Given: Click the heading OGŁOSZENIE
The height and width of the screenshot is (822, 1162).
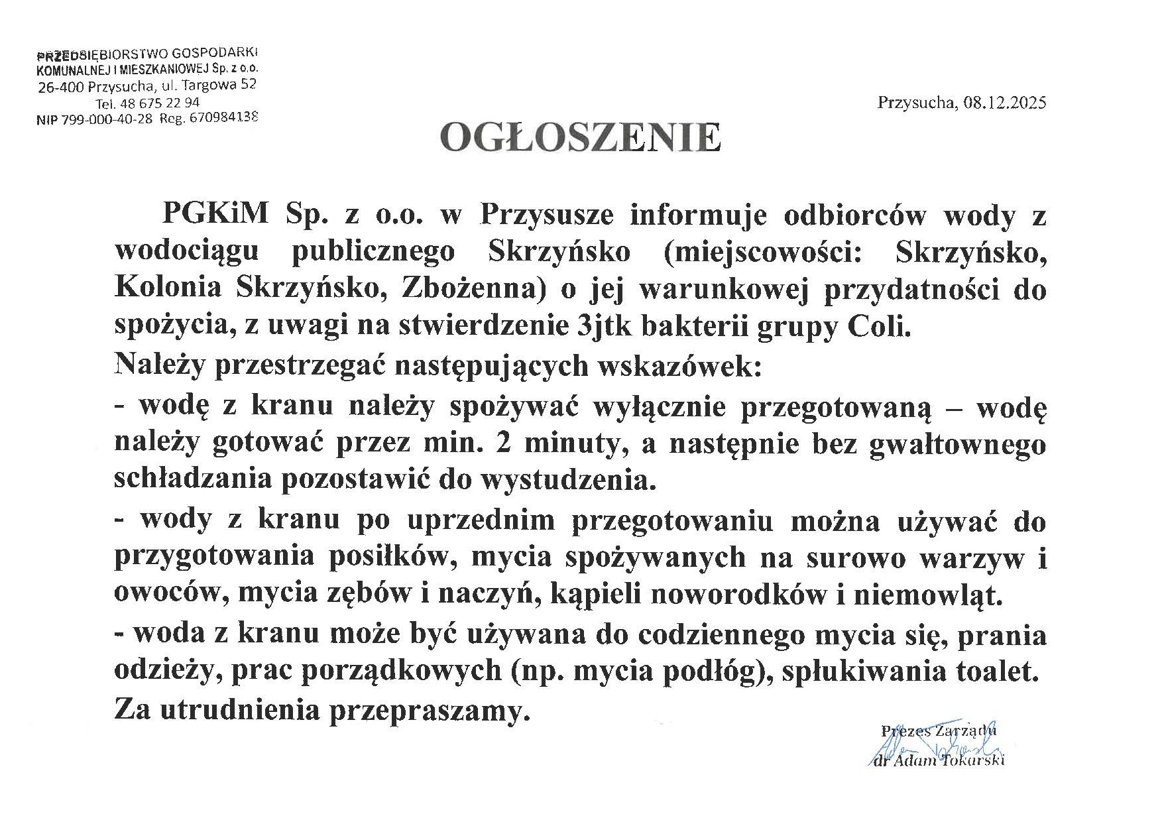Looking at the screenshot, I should coord(580,138).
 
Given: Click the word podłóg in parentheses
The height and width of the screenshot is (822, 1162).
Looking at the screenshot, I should coord(720,672).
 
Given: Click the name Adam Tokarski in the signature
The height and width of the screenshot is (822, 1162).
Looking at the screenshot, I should coord(949,761).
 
